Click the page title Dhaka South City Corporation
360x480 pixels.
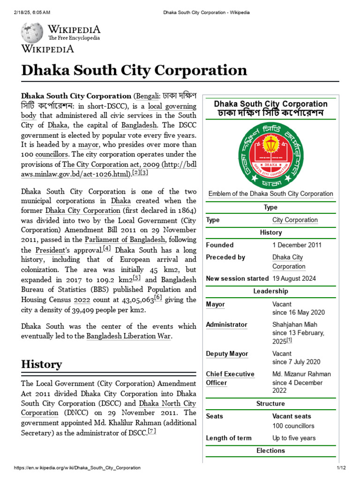[134, 70]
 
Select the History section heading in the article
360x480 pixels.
[41, 364]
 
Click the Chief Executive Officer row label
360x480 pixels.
[230, 378]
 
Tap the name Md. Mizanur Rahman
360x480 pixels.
[301, 374]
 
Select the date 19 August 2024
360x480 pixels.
[294, 278]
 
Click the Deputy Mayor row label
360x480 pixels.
[227, 354]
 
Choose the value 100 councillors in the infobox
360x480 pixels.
[293, 426]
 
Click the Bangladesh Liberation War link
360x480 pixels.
[129, 336]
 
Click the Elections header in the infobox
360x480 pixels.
[270, 450]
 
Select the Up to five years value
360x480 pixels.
[294, 438]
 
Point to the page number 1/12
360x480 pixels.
[341, 468]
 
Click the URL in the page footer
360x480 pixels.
[77, 468]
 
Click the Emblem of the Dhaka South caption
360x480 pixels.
[270, 194]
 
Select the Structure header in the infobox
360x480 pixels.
[270, 404]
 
